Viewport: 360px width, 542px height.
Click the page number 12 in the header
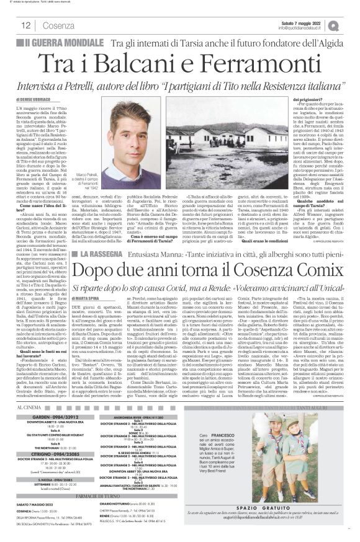[27, 25]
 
